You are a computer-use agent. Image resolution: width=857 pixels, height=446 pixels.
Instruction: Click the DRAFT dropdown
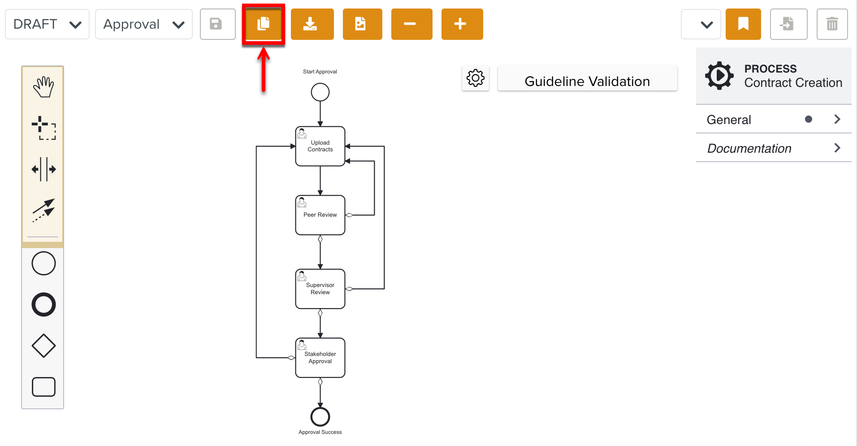point(47,24)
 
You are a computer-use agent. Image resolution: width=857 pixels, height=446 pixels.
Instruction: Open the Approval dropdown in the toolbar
point(143,24)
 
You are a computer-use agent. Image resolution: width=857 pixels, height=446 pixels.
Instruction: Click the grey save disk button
point(217,24)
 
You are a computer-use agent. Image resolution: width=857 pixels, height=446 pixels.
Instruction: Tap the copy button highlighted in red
point(264,24)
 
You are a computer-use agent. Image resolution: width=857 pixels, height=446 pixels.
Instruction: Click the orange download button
point(312,24)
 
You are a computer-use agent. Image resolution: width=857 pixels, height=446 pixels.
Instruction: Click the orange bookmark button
point(743,24)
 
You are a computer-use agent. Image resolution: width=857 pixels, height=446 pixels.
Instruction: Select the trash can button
point(832,24)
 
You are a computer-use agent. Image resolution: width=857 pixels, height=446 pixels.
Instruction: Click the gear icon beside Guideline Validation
point(475,78)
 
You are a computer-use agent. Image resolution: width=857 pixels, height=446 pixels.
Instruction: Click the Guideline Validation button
point(587,81)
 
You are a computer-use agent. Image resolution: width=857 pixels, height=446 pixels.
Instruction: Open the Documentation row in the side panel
point(773,148)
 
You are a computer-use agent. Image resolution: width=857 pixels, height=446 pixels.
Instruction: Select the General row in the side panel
point(773,120)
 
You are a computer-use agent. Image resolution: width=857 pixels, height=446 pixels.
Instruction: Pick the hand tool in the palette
point(43,87)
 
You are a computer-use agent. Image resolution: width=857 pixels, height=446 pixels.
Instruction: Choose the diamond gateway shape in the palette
point(43,346)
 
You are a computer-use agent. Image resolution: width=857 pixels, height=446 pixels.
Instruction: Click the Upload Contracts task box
point(320,146)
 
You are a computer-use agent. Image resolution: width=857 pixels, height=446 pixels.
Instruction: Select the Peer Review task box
point(320,215)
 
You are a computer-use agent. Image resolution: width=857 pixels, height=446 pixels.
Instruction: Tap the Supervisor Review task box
point(320,289)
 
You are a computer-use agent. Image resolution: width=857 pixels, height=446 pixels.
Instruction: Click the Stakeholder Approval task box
point(320,358)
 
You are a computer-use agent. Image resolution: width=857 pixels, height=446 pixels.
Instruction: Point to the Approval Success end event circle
point(320,417)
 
